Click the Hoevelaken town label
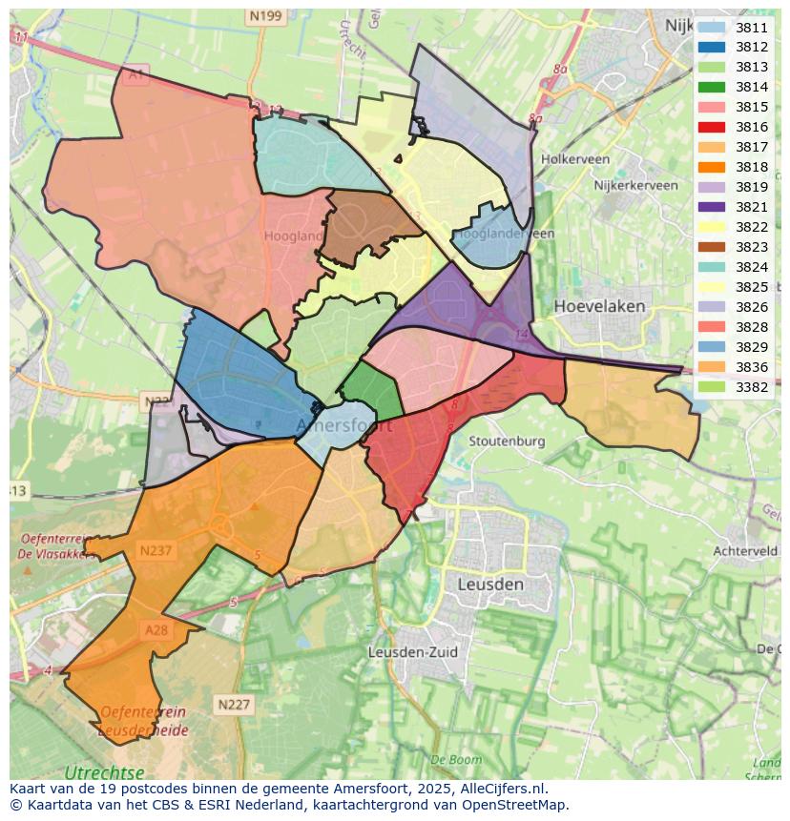(x=599, y=307)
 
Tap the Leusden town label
(x=490, y=584)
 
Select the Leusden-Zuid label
(x=412, y=652)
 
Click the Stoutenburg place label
(x=507, y=441)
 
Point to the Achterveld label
(x=747, y=551)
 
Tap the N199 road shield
(x=265, y=16)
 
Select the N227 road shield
(x=234, y=705)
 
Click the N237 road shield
(x=155, y=550)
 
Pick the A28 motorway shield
(x=156, y=630)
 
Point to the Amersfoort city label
(x=344, y=426)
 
